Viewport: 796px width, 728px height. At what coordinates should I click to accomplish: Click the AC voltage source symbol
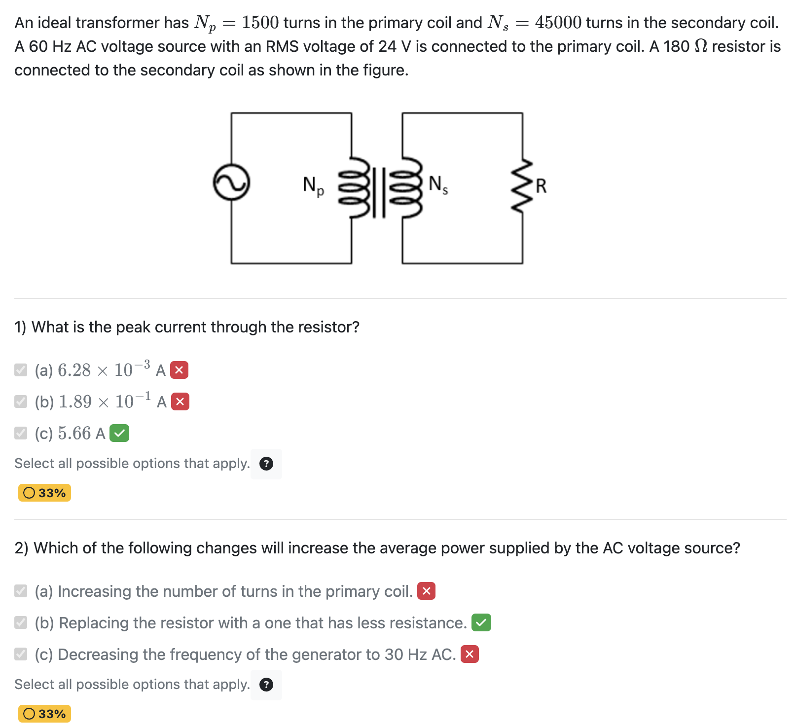231,182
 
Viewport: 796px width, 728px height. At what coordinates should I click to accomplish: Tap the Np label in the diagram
313,185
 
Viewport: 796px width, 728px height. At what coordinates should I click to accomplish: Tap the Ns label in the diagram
438,184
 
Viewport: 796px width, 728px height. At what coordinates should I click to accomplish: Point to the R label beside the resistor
541,186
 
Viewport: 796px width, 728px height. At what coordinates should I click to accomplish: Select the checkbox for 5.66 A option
21,433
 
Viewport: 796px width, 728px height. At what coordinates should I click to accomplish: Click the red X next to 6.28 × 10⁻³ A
179,370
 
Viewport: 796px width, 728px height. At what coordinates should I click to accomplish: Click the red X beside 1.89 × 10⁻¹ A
180,401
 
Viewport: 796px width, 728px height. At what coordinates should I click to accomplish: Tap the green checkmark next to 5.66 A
119,433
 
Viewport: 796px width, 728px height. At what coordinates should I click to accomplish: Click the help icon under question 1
266,464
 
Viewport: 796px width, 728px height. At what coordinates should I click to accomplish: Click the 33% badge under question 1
44,493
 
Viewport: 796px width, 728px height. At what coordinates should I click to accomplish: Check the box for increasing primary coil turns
21,591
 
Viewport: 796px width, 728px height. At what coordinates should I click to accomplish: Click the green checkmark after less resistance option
481,622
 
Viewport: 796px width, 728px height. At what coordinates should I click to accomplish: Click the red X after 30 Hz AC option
470,654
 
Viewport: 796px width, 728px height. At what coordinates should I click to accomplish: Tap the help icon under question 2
266,685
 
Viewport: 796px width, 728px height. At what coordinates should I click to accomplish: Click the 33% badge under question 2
44,714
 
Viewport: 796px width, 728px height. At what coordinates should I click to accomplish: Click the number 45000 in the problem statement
558,23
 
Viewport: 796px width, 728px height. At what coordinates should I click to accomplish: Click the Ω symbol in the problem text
700,46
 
